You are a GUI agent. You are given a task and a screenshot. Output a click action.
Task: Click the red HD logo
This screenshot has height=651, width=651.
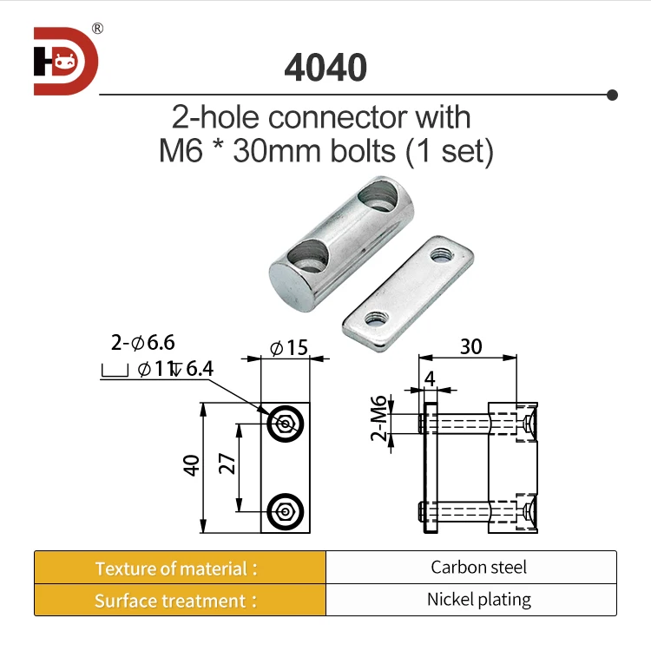pyautogui.click(x=66, y=61)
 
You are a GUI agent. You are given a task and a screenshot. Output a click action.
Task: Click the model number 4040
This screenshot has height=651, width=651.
pyautogui.click(x=325, y=68)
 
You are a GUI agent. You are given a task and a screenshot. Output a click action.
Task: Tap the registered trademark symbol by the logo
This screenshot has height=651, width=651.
pyautogui.click(x=97, y=28)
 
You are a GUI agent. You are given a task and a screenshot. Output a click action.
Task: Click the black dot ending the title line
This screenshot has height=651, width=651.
pyautogui.click(x=612, y=94)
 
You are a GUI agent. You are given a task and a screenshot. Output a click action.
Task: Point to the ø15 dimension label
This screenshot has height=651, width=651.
pyautogui.click(x=289, y=348)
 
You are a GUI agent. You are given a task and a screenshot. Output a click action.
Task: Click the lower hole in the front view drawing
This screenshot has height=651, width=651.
pyautogui.click(x=285, y=510)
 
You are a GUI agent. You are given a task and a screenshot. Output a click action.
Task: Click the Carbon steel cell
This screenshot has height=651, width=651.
pyautogui.click(x=478, y=568)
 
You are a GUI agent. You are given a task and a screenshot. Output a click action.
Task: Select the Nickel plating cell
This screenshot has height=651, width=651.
pyautogui.click(x=478, y=599)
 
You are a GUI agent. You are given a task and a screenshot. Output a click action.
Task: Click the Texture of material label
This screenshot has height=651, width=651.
pyautogui.click(x=176, y=569)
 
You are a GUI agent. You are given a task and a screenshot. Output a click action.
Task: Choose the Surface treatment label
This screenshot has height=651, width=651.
pyautogui.click(x=176, y=601)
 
